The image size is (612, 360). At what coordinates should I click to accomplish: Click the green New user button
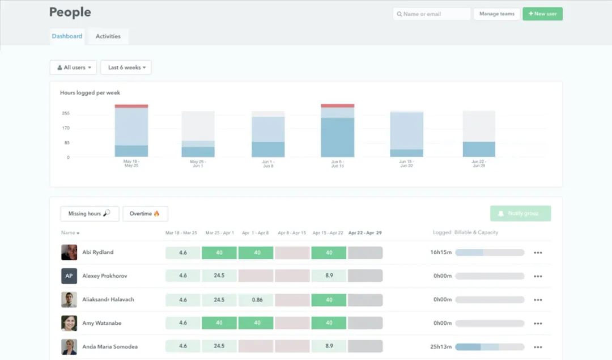click(x=542, y=14)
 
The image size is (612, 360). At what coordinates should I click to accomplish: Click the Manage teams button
click(x=496, y=14)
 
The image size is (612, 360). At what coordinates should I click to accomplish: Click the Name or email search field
click(x=431, y=14)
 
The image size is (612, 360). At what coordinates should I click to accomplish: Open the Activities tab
click(x=108, y=36)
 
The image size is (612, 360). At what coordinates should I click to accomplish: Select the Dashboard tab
click(x=67, y=36)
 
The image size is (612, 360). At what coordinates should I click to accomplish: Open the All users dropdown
click(x=74, y=67)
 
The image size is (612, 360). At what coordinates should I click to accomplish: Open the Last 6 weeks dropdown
click(x=126, y=67)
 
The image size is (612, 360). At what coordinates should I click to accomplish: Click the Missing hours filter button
click(x=90, y=214)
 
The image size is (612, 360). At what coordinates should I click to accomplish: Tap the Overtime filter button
click(x=145, y=214)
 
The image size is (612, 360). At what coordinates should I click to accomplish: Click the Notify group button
click(x=520, y=213)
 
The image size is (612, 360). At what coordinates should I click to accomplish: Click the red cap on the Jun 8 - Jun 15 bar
click(x=337, y=105)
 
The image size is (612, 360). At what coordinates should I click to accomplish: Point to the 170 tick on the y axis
click(x=66, y=128)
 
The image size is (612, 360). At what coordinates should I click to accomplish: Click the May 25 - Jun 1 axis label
click(x=198, y=164)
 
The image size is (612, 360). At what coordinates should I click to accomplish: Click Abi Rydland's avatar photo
click(x=69, y=252)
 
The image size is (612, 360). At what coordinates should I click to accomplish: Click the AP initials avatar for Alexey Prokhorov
click(x=69, y=276)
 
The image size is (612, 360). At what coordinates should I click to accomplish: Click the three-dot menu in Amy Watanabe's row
click(x=538, y=323)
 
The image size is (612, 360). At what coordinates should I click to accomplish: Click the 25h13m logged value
click(x=441, y=347)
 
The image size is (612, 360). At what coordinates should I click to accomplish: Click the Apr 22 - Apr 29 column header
click(x=365, y=233)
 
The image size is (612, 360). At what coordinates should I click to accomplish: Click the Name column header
click(x=70, y=233)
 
